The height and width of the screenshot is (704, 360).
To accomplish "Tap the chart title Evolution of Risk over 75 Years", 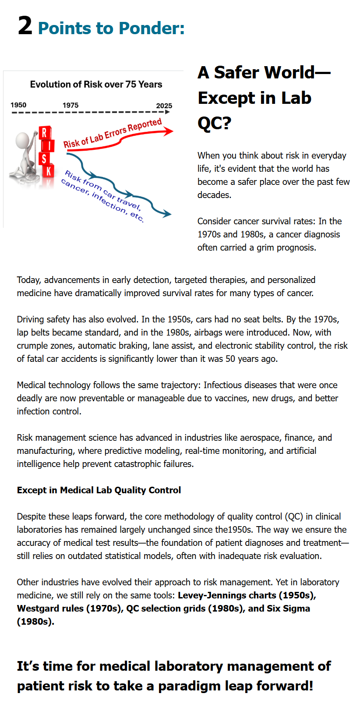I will point(96,85).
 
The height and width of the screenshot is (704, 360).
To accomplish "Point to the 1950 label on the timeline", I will point(18,105).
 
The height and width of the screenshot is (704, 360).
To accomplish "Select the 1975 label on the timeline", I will point(71,105).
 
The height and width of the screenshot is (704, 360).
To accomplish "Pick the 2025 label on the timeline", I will point(164,106).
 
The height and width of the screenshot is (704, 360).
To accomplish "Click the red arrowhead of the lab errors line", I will point(168,131).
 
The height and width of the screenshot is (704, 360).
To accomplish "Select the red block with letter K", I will point(49,170).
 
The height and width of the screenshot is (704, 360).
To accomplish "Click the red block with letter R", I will point(44,132).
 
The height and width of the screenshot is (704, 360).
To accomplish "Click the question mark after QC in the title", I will point(227,123).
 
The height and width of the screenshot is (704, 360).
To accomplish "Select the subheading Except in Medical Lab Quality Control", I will point(99,490).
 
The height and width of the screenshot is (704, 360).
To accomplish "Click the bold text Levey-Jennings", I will point(212,595).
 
